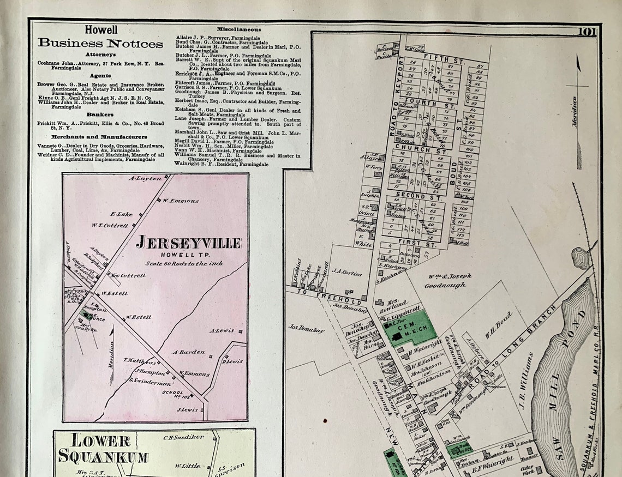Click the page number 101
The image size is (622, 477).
coord(588,32)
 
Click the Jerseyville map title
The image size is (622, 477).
coord(188,243)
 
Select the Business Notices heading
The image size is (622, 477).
coord(100,43)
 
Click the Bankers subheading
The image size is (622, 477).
coord(99,114)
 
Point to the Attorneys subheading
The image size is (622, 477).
coord(100,55)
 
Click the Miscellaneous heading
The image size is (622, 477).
coord(238,29)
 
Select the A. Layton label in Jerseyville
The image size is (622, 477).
coord(145,178)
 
